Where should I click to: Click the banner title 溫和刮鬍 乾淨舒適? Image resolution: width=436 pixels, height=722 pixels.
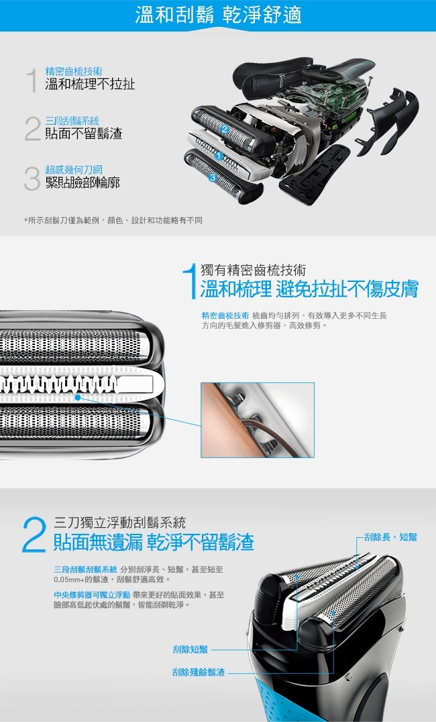point(218,15)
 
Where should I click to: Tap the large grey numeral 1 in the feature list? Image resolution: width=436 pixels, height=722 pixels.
point(32,80)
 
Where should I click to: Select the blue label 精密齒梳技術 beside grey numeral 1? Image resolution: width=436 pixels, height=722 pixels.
point(74,72)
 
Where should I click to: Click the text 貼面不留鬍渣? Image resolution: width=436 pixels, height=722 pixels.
point(83,133)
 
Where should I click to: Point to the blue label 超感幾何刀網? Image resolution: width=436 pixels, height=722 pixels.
point(74,169)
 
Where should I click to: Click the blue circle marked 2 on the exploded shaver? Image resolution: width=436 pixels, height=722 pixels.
point(225,130)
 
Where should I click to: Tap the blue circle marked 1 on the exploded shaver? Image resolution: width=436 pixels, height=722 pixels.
point(219,157)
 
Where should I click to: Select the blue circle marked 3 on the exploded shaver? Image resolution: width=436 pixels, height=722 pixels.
point(213,177)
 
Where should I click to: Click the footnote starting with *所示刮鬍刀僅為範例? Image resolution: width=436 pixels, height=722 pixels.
point(113,220)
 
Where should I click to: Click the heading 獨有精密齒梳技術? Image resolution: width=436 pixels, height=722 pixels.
point(253,271)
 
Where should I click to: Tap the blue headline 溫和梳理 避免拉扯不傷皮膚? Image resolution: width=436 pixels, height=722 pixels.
point(309,289)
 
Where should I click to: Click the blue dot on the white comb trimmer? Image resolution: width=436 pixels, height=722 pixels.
point(78,397)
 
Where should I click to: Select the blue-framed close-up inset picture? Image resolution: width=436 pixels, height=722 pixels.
point(258,420)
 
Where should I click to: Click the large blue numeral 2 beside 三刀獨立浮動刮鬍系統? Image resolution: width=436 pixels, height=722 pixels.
point(34,534)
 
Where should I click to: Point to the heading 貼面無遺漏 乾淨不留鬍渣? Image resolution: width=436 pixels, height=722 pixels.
point(154,542)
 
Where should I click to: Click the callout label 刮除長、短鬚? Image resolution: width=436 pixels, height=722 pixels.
point(390,537)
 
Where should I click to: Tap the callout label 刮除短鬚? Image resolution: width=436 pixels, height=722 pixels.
point(190,649)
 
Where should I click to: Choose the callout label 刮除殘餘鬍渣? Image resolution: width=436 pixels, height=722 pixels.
point(199,672)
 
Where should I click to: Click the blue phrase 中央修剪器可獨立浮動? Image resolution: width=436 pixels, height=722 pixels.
point(92,595)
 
